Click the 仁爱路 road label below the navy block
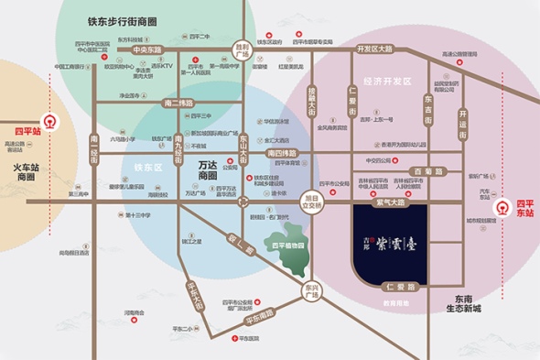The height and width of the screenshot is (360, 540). point(398,287)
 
